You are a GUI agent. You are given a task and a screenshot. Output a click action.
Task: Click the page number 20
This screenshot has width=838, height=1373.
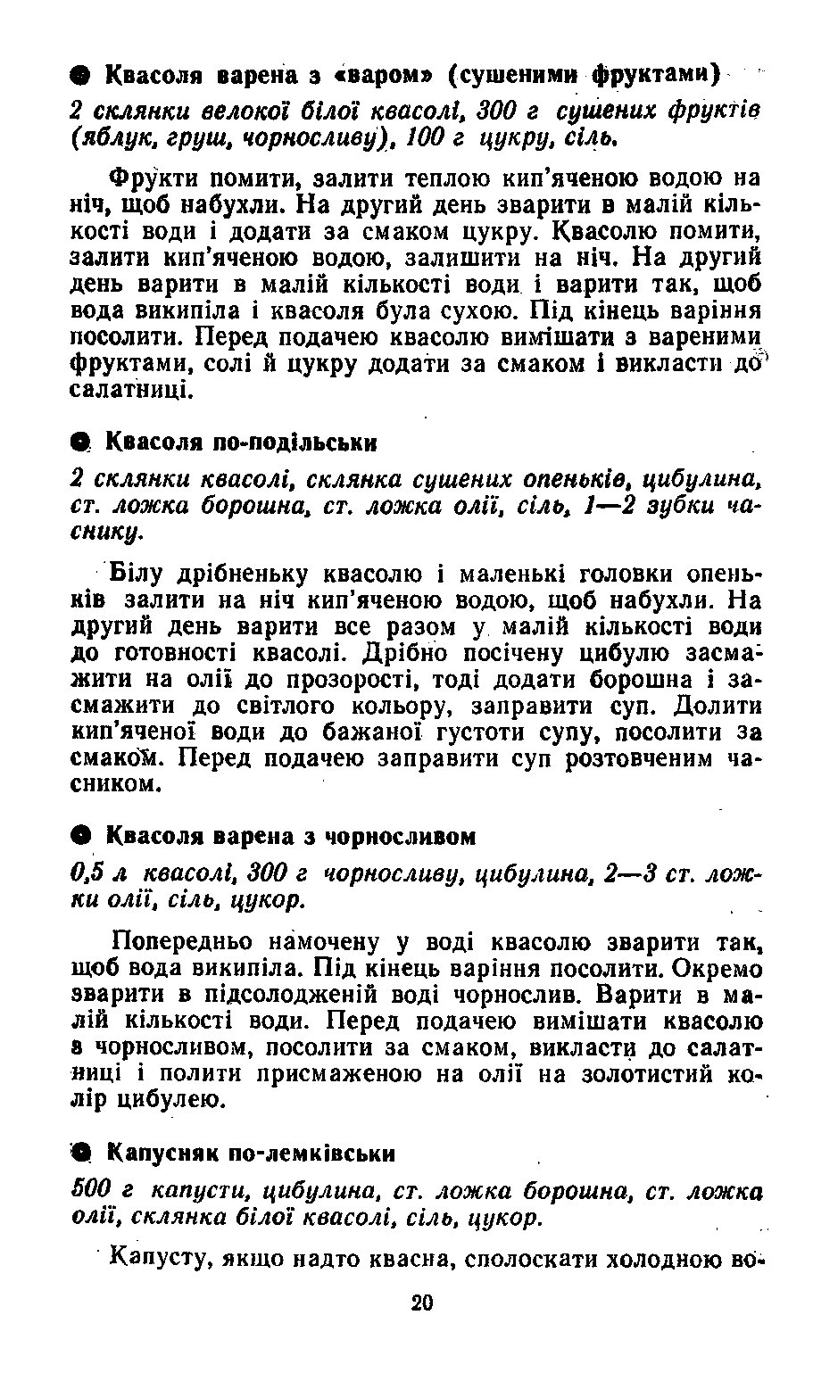[421, 1303]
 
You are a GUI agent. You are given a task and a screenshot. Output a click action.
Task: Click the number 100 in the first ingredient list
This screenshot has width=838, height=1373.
[427, 139]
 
